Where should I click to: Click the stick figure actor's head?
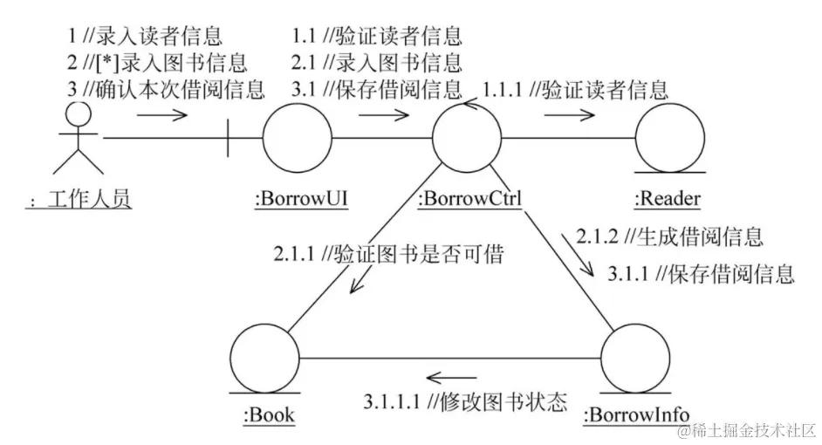[x=79, y=113]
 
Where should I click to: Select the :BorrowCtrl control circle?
[x=469, y=138]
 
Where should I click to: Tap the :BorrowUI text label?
[x=302, y=200]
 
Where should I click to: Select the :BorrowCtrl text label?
[x=470, y=200]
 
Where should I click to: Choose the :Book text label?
[x=268, y=416]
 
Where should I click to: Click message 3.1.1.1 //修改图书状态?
[x=465, y=402]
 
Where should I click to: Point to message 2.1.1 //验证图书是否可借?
[x=389, y=253]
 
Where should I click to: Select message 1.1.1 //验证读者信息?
[x=576, y=89]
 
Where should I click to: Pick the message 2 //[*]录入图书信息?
[x=156, y=63]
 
